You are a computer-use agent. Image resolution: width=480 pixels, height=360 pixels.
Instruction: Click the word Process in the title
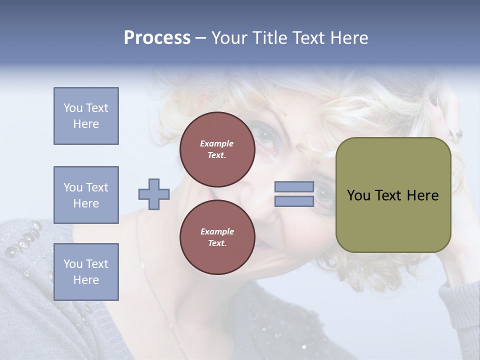pyautogui.click(x=157, y=38)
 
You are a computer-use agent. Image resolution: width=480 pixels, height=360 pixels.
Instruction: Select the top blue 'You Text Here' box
pyautogui.click(x=86, y=116)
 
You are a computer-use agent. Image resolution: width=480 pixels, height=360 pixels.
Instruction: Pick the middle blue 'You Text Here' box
pyautogui.click(x=86, y=195)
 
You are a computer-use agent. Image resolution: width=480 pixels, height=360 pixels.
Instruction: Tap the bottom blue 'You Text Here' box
pyautogui.click(x=86, y=272)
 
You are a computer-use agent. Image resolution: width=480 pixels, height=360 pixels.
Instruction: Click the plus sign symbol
pyautogui.click(x=154, y=194)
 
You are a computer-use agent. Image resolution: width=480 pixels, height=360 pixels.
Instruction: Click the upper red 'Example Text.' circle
pyautogui.click(x=217, y=149)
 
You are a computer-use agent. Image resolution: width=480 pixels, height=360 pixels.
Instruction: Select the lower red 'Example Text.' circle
pyautogui.click(x=217, y=237)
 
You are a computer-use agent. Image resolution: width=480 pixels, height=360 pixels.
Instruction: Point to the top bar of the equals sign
pyautogui.click(x=294, y=187)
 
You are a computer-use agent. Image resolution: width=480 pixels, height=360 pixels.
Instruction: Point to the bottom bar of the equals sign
pyautogui.click(x=294, y=201)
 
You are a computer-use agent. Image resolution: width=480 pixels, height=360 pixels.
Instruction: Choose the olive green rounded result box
pyautogui.click(x=393, y=220)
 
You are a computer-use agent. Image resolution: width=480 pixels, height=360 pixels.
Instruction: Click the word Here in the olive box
pyautogui.click(x=422, y=195)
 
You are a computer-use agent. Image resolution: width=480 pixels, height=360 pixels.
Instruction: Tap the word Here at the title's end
pyautogui.click(x=348, y=38)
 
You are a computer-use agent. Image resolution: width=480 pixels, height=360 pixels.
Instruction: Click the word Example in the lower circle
pyautogui.click(x=217, y=231)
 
